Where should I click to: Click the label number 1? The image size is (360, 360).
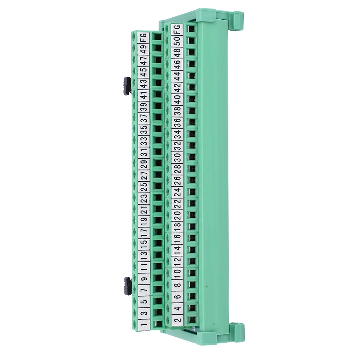[x=144, y=324]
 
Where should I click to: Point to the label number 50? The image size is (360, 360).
[x=177, y=42]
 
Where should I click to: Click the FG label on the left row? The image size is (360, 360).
[x=143, y=38]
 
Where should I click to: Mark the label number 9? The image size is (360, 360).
[x=144, y=279]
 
